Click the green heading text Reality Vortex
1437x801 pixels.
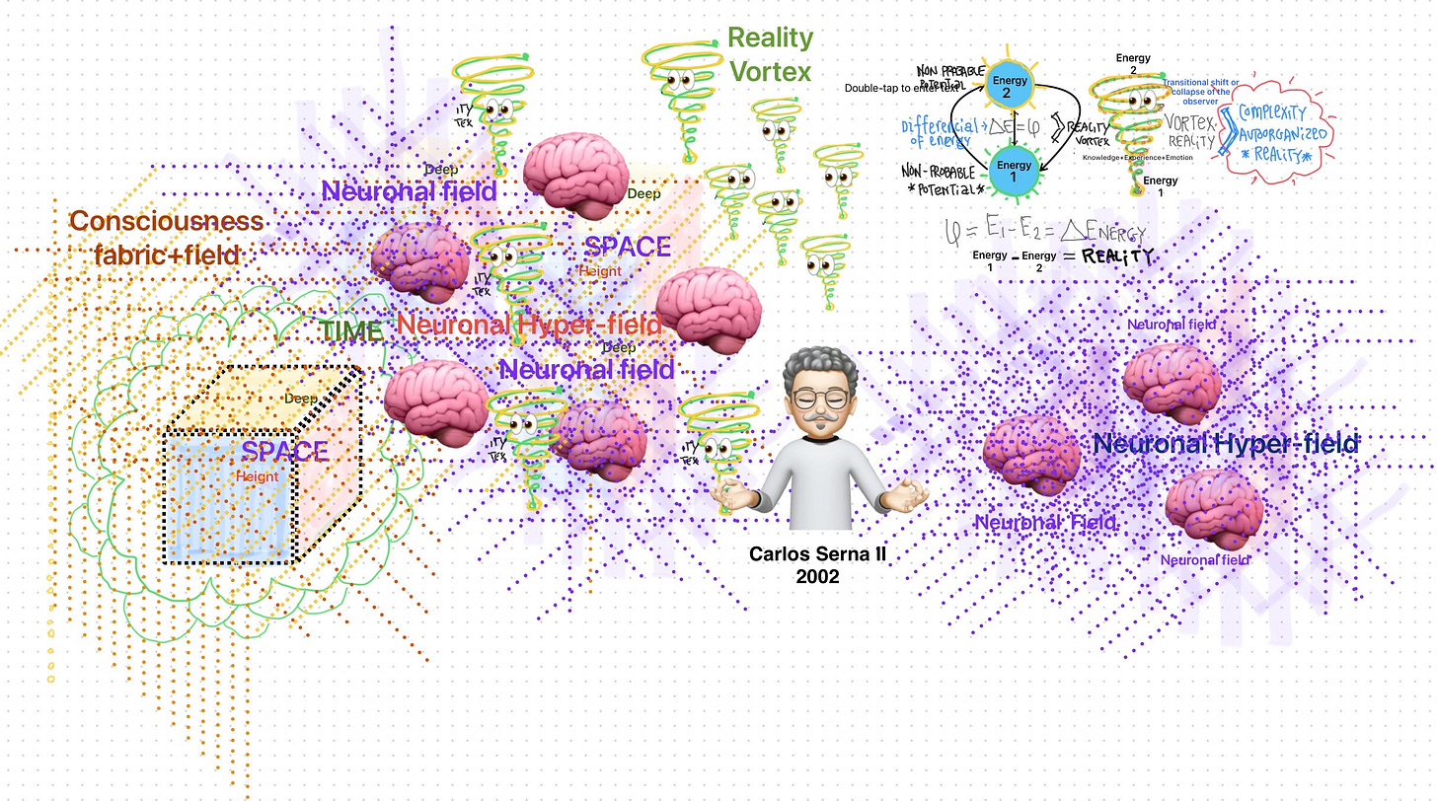769,54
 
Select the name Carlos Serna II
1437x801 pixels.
817,554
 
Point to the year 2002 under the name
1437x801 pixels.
817,576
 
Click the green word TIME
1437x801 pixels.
349,331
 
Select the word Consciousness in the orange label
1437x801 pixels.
166,221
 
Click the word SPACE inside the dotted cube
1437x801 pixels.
285,453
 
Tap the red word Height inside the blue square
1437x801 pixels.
257,476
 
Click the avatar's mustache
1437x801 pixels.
817,420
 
